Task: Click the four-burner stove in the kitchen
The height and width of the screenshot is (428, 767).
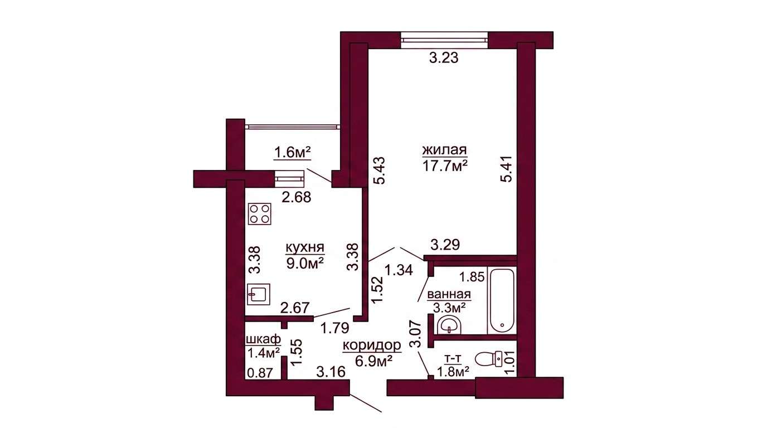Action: (260, 214)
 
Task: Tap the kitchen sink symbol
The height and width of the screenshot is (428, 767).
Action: (259, 294)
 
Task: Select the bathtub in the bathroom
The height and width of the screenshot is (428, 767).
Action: (502, 300)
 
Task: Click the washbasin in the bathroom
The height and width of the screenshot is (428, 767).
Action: (449, 325)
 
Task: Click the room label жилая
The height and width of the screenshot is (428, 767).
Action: (445, 149)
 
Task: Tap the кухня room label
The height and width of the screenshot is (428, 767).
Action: (305, 247)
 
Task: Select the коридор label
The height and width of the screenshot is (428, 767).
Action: (372, 346)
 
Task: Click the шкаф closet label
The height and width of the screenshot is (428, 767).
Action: (264, 339)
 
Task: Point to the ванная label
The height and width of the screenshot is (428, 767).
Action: (449, 294)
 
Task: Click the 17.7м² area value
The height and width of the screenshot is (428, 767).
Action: (445, 166)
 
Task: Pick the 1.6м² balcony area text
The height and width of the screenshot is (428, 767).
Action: (292, 152)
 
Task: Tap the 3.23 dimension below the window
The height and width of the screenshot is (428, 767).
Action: (444, 58)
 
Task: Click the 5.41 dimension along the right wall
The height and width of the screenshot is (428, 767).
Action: (507, 169)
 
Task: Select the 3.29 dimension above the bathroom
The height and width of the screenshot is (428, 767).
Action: (445, 245)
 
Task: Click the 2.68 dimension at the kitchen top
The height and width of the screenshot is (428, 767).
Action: (297, 197)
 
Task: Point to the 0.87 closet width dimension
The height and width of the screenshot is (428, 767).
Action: (260, 372)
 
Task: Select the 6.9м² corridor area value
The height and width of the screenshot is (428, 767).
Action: (373, 361)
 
